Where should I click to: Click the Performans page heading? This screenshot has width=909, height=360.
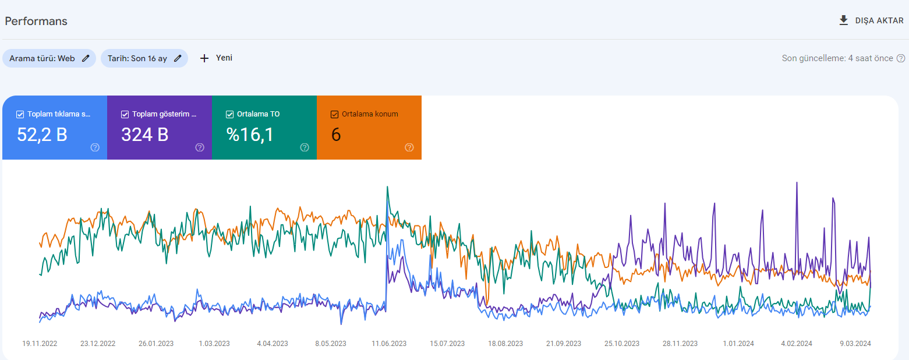[36, 21]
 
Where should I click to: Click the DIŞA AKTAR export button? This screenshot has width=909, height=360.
[871, 20]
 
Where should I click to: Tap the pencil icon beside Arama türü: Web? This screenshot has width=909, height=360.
[86, 58]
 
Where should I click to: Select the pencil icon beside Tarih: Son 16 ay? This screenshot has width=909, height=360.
[178, 58]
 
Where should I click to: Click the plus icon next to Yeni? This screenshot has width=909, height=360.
[204, 58]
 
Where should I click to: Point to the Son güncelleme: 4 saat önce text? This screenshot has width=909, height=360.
[837, 58]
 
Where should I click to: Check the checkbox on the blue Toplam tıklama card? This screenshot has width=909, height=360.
[20, 114]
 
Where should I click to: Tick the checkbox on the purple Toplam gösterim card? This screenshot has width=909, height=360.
[125, 114]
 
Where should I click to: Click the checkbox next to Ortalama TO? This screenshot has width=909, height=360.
[229, 114]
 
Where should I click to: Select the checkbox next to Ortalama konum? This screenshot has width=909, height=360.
[334, 114]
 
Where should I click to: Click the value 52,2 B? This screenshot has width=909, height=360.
[42, 135]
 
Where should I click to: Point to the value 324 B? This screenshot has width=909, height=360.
[145, 135]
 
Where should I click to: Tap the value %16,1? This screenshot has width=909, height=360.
[250, 135]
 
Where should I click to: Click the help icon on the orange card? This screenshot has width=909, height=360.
[409, 147]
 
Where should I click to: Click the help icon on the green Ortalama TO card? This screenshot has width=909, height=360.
[305, 147]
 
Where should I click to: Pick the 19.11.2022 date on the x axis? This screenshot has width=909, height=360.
[40, 343]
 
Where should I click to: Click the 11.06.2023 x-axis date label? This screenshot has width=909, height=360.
[389, 343]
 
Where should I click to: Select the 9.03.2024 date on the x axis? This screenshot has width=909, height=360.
[855, 343]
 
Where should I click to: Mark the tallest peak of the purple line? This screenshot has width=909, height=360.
[797, 183]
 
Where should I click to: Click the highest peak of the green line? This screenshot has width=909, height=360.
[388, 187]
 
